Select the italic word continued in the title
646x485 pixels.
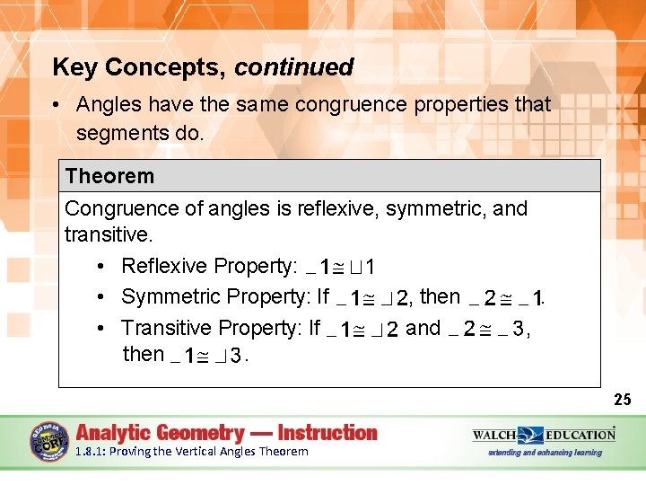tap(294, 67)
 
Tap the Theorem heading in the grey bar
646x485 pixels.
tap(109, 176)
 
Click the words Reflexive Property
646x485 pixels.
tap(207, 266)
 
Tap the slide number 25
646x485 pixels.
tap(623, 400)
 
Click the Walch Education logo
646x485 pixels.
tap(544, 435)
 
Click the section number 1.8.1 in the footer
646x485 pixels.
tap(92, 452)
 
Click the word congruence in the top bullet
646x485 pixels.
tap(345, 104)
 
